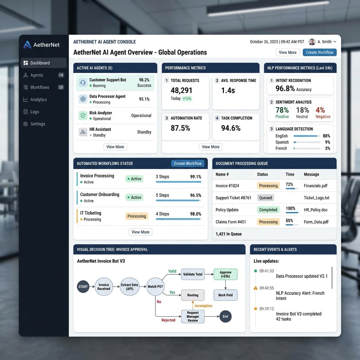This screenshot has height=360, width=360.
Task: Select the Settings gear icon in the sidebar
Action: click(26, 124)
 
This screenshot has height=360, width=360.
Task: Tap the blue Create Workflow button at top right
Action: click(319, 52)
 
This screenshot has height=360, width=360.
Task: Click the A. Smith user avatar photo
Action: click(312, 41)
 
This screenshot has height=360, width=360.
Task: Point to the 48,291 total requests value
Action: click(181, 90)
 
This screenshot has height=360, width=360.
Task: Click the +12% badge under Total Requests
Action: click(187, 98)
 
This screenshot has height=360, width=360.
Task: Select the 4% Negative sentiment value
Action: click(320, 110)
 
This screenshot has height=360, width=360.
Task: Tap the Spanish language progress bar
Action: click(307, 142)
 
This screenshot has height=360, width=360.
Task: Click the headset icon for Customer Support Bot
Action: click(83, 82)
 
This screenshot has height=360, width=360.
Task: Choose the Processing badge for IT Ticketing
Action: click(137, 216)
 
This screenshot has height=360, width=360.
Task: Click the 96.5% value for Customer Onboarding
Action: click(195, 195)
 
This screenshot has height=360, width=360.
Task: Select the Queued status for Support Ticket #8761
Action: click(265, 198)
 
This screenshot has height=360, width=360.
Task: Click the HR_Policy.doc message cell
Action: click(315, 210)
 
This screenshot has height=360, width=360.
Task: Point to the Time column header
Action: click(290, 174)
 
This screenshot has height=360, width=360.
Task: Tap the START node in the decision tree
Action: click(83, 287)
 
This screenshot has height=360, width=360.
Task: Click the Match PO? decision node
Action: click(155, 287)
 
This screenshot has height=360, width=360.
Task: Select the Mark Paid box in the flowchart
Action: click(225, 295)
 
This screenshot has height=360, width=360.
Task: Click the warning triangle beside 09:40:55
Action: click(255, 288)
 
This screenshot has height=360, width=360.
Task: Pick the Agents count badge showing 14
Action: click(61, 75)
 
